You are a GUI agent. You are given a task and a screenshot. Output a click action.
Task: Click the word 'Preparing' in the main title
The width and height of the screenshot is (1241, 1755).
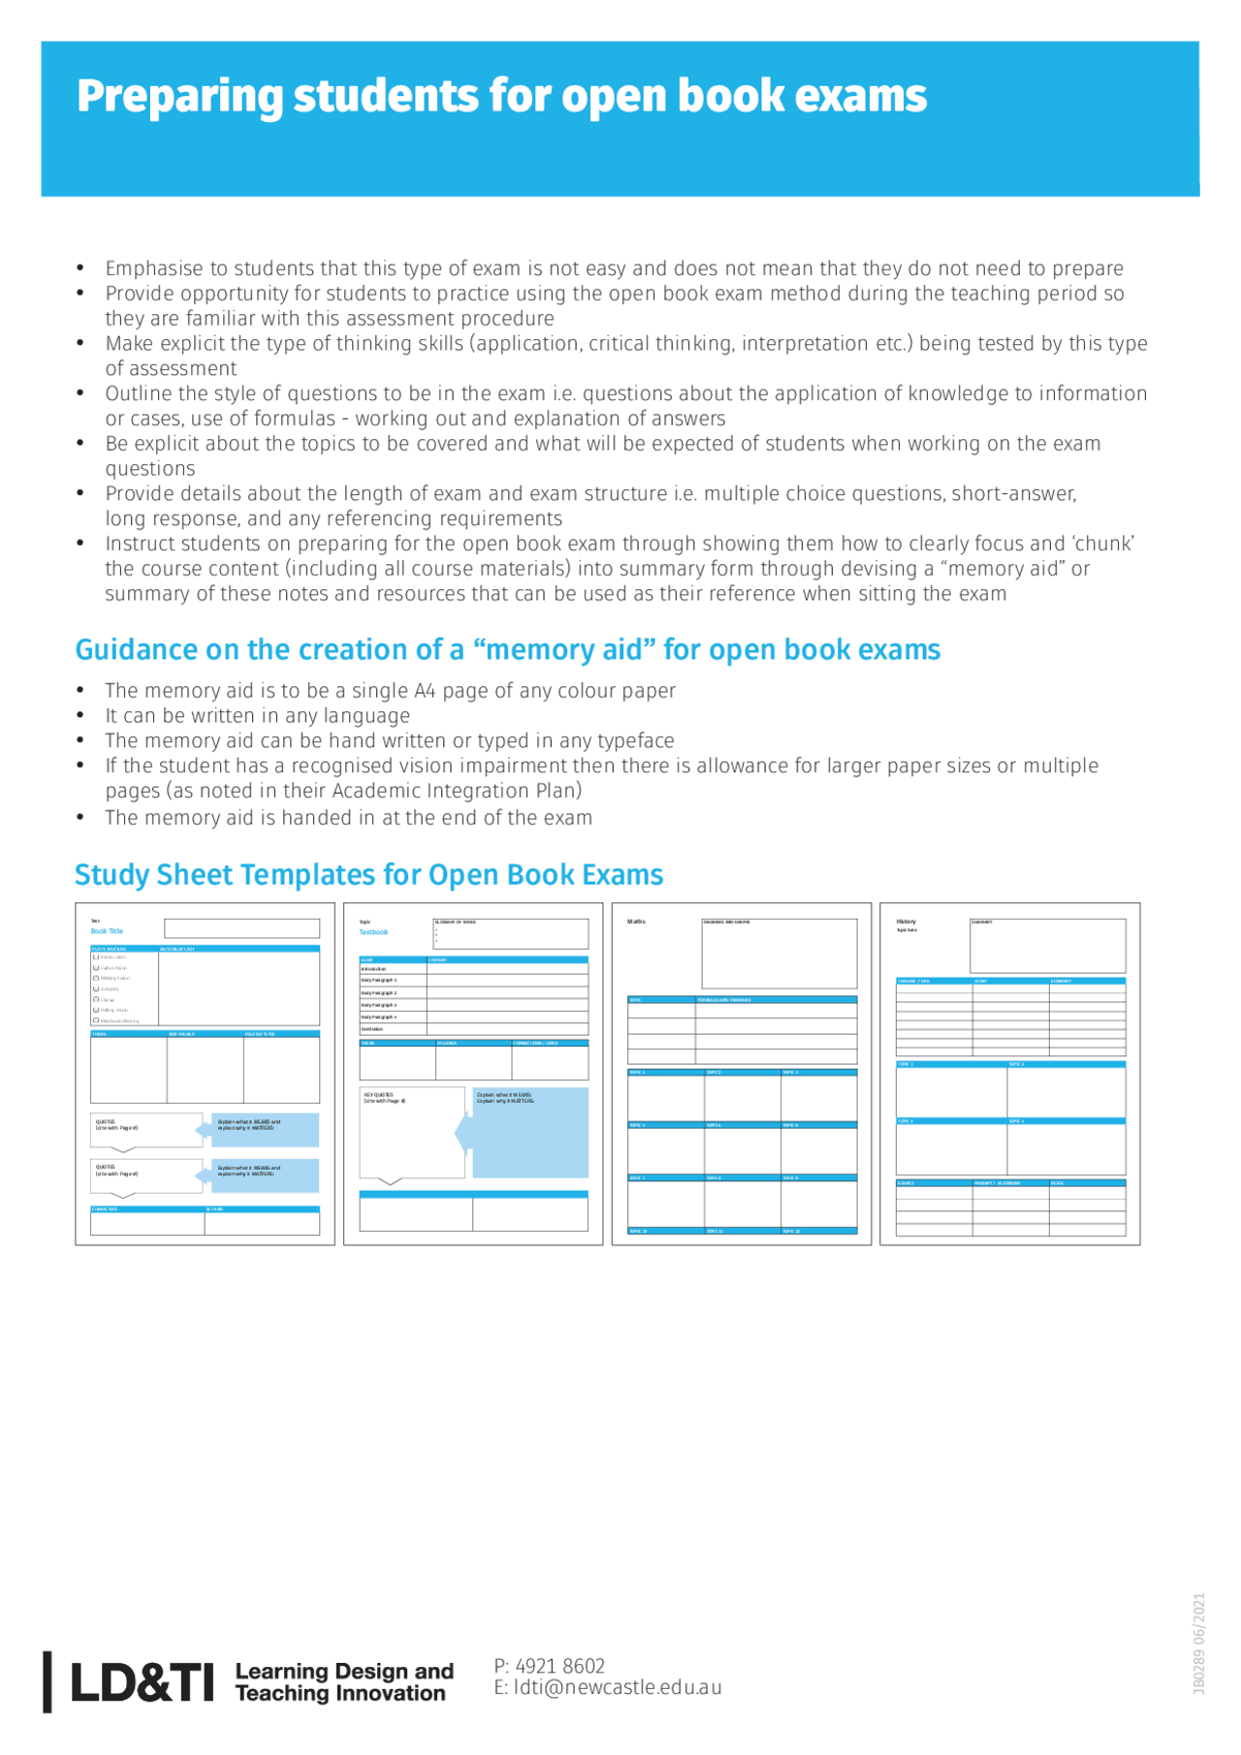tap(177, 97)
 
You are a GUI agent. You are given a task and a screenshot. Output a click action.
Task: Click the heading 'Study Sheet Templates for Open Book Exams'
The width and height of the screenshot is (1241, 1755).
tap(368, 874)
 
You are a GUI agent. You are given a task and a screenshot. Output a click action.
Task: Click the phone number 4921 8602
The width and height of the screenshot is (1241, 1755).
tap(559, 1666)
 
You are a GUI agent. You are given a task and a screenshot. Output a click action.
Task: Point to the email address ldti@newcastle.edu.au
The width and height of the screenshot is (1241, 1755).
tap(617, 1687)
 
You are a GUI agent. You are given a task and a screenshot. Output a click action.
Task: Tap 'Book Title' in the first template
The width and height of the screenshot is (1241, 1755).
tap(107, 931)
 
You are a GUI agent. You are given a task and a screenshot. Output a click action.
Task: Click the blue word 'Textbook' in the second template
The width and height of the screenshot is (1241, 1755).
tap(373, 932)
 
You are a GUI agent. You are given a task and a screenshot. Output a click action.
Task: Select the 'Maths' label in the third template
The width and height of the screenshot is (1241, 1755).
tap(636, 922)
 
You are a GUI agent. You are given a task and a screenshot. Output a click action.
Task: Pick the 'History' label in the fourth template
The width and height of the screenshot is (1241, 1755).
tap(906, 922)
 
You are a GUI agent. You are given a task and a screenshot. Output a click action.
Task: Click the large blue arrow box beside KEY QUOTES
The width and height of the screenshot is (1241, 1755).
tap(529, 1132)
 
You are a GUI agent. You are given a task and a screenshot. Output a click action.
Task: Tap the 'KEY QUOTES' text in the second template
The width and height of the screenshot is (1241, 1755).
tap(378, 1094)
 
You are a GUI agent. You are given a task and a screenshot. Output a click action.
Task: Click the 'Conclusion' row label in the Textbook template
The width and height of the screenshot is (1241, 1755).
tap(372, 1029)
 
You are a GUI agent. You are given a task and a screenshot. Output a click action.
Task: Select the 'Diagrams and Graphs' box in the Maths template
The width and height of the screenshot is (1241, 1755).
tap(780, 954)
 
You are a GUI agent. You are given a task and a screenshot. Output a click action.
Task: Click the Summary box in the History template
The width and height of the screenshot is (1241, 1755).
tap(1047, 946)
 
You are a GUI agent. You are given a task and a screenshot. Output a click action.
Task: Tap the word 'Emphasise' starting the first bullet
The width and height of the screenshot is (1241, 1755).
tap(153, 268)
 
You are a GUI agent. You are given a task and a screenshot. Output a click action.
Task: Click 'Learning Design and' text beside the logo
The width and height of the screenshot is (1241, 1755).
tap(344, 1672)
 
